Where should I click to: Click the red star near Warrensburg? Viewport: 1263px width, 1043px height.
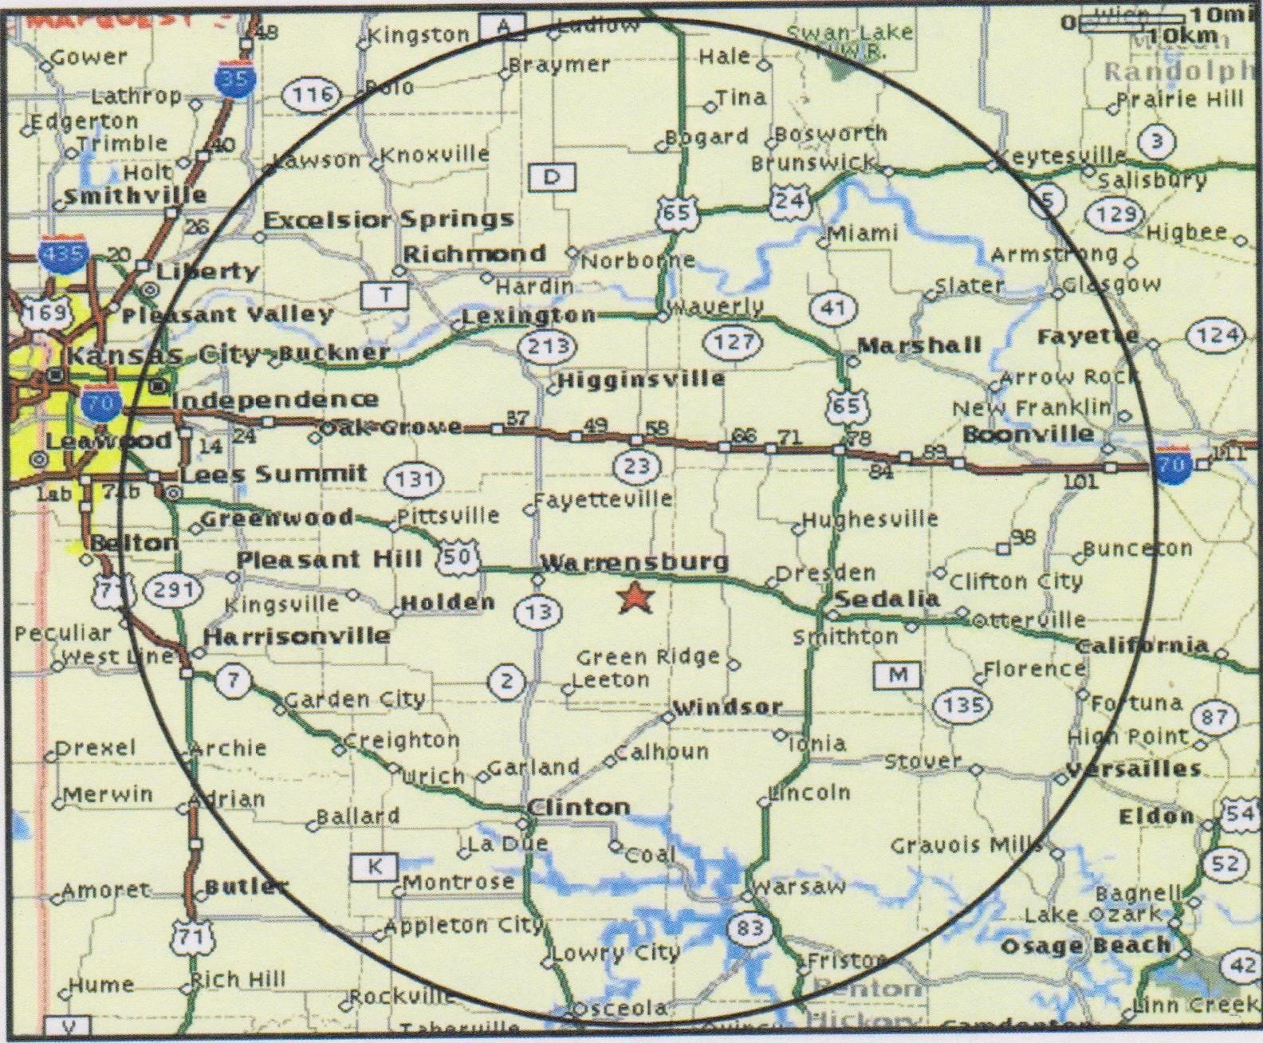tap(635, 597)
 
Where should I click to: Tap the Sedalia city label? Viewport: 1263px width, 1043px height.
tap(887, 599)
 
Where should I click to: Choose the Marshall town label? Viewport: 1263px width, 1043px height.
tap(919, 345)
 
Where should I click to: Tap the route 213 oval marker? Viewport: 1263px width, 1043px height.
tap(549, 345)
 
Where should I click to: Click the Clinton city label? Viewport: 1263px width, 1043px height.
tap(579, 807)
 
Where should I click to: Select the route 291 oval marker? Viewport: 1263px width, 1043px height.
tap(173, 590)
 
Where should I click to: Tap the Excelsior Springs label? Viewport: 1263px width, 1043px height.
tap(388, 219)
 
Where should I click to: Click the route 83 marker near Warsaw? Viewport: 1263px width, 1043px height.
tap(750, 927)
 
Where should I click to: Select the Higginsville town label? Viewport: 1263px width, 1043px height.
tap(641, 380)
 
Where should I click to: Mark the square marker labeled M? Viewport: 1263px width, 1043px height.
tap(899, 675)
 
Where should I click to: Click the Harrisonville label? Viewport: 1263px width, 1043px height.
tap(297, 636)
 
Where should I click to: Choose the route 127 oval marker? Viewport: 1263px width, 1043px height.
tap(733, 342)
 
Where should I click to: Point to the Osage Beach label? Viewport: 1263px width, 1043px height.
tap(1085, 946)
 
